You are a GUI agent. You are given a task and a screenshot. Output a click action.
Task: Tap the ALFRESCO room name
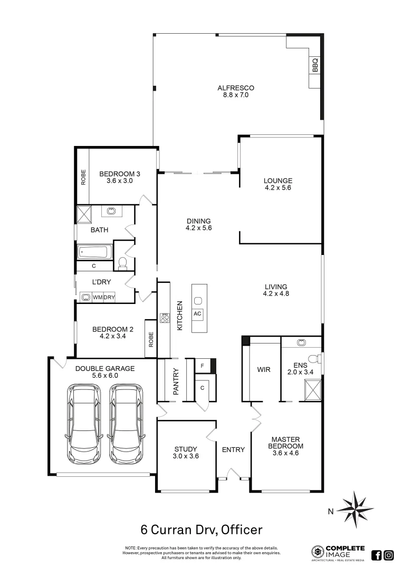tap(236, 88)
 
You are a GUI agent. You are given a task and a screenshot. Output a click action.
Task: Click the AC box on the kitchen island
tap(198, 313)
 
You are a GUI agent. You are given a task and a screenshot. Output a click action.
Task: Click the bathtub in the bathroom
tap(95, 252)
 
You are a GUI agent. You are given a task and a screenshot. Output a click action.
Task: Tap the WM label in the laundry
tap(98, 298)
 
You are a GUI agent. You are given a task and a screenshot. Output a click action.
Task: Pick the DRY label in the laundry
tap(109, 298)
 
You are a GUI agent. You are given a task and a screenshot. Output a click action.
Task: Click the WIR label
tap(264, 370)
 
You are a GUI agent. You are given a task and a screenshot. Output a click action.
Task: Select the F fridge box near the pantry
tap(202, 365)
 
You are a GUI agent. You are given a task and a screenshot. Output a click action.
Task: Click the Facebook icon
tap(377, 555)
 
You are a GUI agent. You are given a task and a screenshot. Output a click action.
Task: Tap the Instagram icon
tap(389, 555)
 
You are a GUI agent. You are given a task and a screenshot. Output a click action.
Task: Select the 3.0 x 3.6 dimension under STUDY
tap(186, 456)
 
